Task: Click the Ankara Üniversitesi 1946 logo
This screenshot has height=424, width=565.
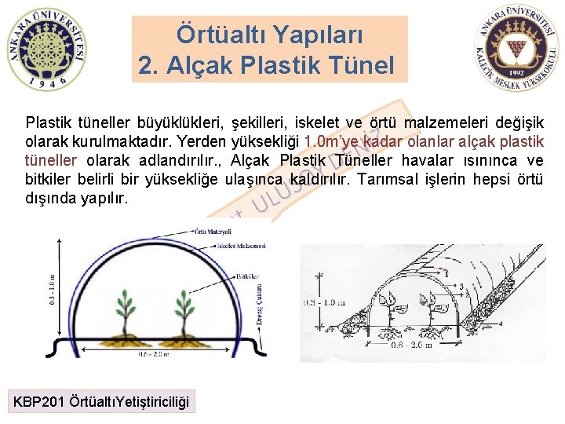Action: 46,49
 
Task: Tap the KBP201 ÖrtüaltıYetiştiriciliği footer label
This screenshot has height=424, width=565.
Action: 101,402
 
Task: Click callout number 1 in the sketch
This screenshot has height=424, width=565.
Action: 446,275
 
